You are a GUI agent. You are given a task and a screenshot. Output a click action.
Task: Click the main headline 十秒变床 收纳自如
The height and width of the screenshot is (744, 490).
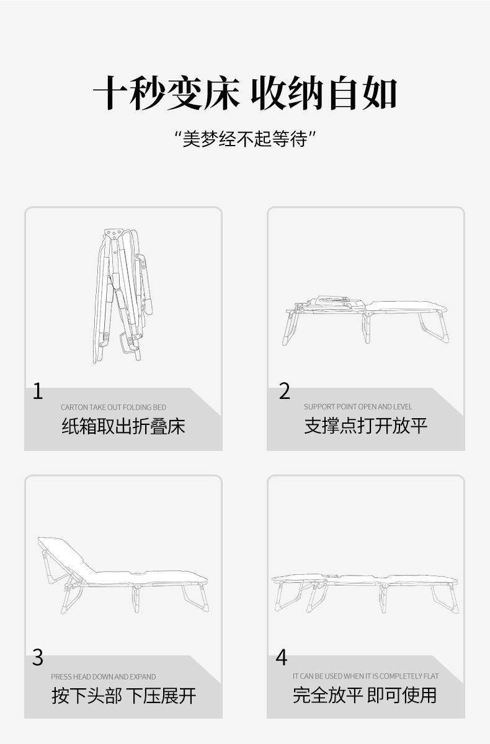[245, 93]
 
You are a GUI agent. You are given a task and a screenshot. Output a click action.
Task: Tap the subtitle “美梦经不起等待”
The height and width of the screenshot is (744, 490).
[245, 139]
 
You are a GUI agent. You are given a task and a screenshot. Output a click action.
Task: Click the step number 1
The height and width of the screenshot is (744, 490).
[38, 391]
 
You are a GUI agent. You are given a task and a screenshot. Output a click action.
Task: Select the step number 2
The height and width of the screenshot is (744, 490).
[285, 391]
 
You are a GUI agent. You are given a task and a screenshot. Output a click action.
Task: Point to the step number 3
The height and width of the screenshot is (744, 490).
[38, 658]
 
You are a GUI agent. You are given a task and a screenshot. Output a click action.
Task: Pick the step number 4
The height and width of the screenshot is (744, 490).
[282, 658]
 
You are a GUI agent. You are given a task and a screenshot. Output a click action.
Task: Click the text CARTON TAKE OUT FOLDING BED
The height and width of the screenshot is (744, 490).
[114, 407]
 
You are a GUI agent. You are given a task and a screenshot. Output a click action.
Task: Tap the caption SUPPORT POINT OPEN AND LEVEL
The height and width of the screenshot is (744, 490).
[358, 406]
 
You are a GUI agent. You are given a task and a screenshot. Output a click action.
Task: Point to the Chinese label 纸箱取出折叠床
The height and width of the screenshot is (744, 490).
[123, 426]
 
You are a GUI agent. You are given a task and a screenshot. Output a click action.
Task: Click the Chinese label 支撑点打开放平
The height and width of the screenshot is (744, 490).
[365, 426]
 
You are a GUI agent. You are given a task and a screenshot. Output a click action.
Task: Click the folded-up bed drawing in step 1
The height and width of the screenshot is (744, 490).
[122, 295]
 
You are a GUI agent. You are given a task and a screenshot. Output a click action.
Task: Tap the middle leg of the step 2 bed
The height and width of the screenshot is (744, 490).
[367, 328]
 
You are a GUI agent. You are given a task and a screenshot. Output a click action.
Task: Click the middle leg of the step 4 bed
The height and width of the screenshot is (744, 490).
[383, 598]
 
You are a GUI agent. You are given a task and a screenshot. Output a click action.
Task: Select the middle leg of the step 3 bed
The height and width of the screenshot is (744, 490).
[136, 598]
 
